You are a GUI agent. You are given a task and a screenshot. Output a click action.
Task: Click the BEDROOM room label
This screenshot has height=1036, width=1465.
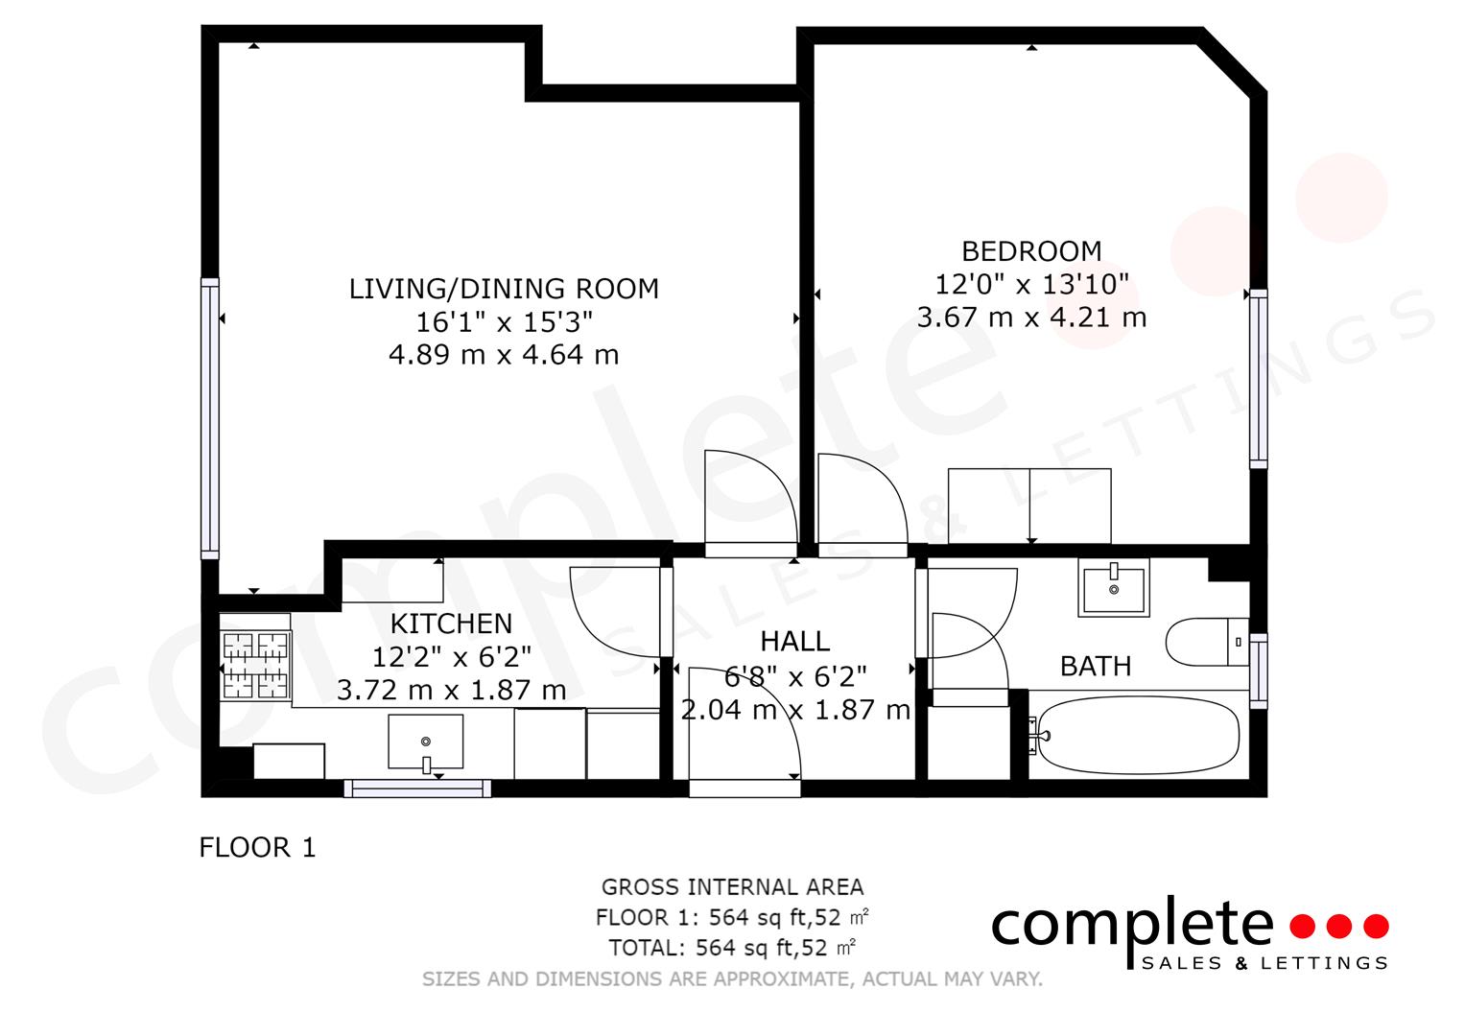point(1031,251)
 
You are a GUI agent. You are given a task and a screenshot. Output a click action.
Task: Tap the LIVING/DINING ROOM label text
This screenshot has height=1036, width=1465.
point(504,289)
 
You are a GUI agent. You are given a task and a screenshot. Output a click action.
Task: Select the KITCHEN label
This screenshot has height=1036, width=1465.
point(451,624)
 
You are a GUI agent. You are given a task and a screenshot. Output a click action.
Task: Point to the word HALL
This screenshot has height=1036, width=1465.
point(794,642)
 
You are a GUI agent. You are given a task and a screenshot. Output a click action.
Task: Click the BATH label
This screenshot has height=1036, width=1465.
point(1096,667)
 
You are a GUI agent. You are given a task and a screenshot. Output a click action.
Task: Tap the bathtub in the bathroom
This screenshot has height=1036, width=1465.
point(1138,735)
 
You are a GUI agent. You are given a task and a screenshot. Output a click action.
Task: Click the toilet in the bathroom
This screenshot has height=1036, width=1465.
point(1207,642)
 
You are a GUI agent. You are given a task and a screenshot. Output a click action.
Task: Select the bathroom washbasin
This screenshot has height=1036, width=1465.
point(1114,587)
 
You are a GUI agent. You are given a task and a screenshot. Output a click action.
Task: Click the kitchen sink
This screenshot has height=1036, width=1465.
point(426,742)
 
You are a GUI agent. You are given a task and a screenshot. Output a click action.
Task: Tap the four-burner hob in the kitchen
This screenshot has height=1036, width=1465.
point(255,665)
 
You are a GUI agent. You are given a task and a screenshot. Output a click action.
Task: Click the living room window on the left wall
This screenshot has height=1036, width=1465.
point(210,418)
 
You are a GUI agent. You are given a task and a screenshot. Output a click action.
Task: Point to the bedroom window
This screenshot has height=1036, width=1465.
point(1259,379)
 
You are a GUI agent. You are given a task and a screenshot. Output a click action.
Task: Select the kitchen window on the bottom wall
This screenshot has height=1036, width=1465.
point(418,789)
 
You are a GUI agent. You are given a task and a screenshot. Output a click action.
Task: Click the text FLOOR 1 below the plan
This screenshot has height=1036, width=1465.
point(258,848)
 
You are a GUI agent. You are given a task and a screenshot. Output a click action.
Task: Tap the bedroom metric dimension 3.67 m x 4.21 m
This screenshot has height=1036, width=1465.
point(1031,318)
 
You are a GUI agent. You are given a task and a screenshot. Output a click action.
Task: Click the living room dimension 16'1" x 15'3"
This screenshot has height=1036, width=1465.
point(504,321)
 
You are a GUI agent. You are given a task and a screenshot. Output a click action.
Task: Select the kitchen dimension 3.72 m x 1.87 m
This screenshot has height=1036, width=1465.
point(451,690)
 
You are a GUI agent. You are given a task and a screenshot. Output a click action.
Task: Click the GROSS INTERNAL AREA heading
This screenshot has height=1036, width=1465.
point(733,887)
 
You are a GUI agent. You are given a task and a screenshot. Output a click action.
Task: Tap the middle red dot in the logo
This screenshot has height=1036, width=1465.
point(1338,926)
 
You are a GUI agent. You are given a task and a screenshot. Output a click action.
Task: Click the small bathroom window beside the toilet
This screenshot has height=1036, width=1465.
point(1259,671)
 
